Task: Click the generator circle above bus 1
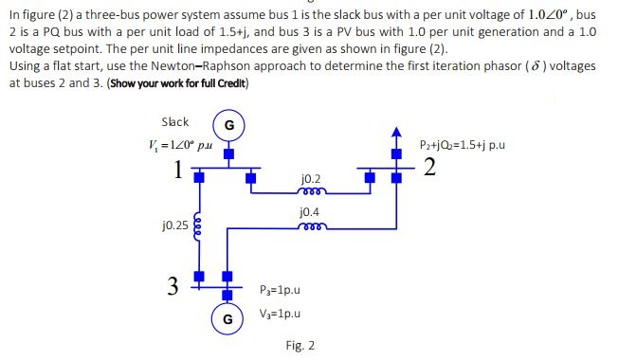click(x=227, y=125)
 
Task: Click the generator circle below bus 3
click(x=227, y=318)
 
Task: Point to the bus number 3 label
click(x=173, y=284)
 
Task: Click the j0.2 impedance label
click(x=309, y=178)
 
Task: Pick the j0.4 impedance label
click(x=309, y=213)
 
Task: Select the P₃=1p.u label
click(x=279, y=289)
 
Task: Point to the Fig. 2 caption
click(x=300, y=345)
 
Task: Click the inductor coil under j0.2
click(x=310, y=190)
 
